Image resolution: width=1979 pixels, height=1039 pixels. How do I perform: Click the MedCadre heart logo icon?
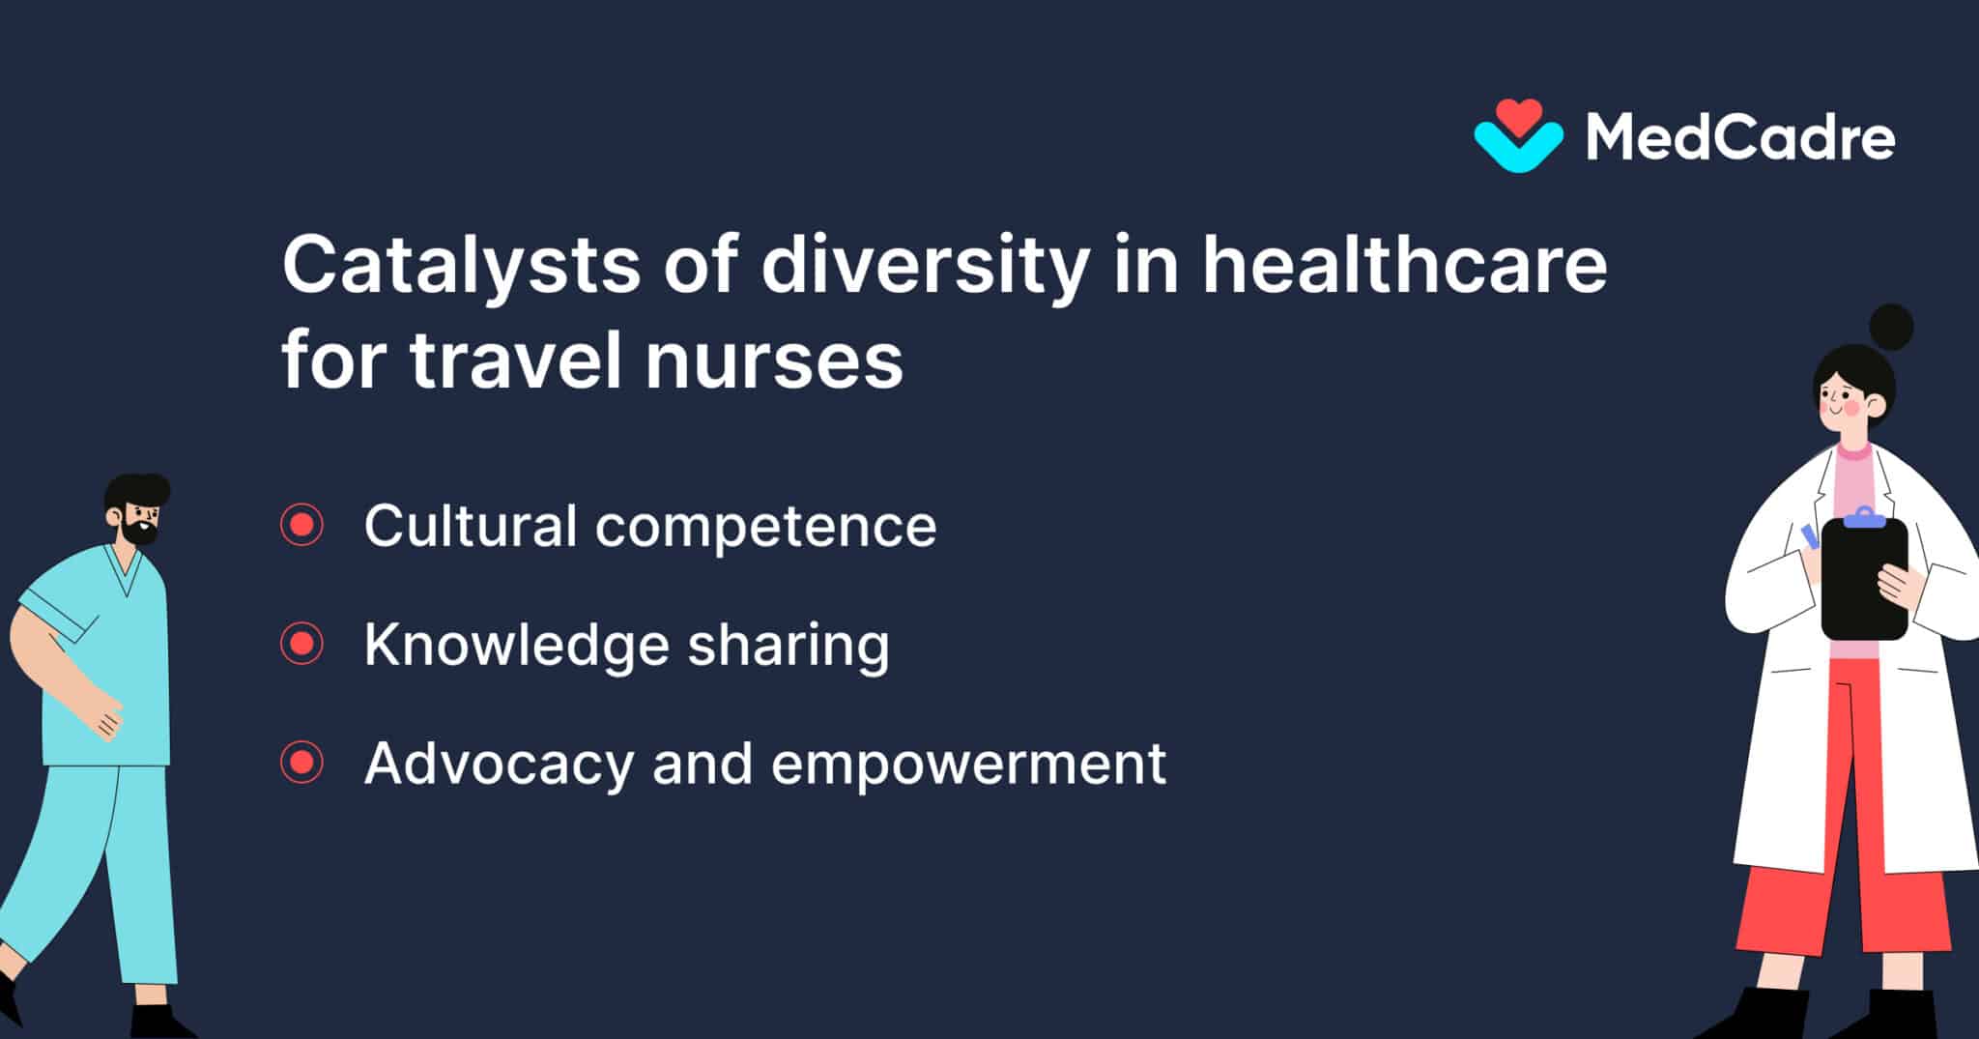pyautogui.click(x=1517, y=136)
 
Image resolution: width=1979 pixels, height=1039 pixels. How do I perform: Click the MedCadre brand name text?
pyautogui.click(x=1739, y=138)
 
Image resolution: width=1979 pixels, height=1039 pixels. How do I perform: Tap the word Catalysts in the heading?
pyautogui.click(x=460, y=266)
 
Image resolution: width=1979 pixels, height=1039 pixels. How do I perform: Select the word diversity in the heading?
pyautogui.click(x=925, y=266)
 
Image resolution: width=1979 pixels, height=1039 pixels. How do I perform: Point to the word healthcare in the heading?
pyautogui.click(x=1404, y=266)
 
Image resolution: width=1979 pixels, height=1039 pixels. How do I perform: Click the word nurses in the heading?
pyautogui.click(x=774, y=361)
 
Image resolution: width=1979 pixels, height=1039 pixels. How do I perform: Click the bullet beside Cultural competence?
pyautogui.click(x=301, y=525)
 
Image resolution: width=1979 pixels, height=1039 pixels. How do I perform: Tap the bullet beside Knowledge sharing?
pyautogui.click(x=301, y=644)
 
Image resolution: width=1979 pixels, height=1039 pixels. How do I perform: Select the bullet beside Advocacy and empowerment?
pyautogui.click(x=301, y=763)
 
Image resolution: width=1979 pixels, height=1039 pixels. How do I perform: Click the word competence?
pyautogui.click(x=765, y=528)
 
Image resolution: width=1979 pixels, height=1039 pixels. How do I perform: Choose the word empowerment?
pyautogui.click(x=968, y=765)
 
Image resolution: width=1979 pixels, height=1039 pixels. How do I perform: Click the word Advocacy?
pyautogui.click(x=498, y=765)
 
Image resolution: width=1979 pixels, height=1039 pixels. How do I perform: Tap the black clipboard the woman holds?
pyautogui.click(x=1863, y=580)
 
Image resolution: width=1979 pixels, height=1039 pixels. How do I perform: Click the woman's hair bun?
pyautogui.click(x=1891, y=327)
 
